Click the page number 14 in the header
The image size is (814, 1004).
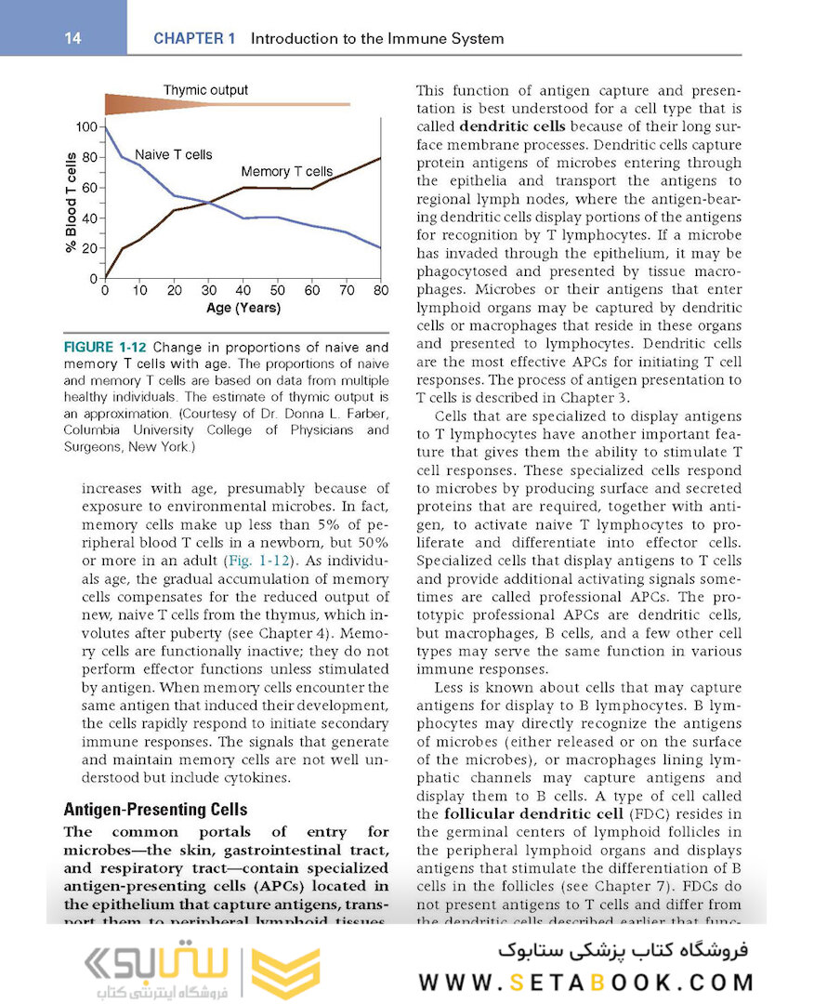72,38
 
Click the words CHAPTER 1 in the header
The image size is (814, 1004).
194,39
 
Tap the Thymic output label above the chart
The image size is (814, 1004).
205,90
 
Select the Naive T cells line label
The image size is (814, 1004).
174,154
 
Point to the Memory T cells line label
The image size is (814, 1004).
286,172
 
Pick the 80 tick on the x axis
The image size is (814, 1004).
380,291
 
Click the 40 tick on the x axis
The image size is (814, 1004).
243,291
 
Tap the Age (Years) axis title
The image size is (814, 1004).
243,308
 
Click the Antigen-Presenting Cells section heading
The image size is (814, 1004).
155,809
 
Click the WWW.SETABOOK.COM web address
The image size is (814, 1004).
585,982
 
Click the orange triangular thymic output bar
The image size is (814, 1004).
186,103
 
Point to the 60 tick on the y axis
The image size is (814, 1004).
91,188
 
